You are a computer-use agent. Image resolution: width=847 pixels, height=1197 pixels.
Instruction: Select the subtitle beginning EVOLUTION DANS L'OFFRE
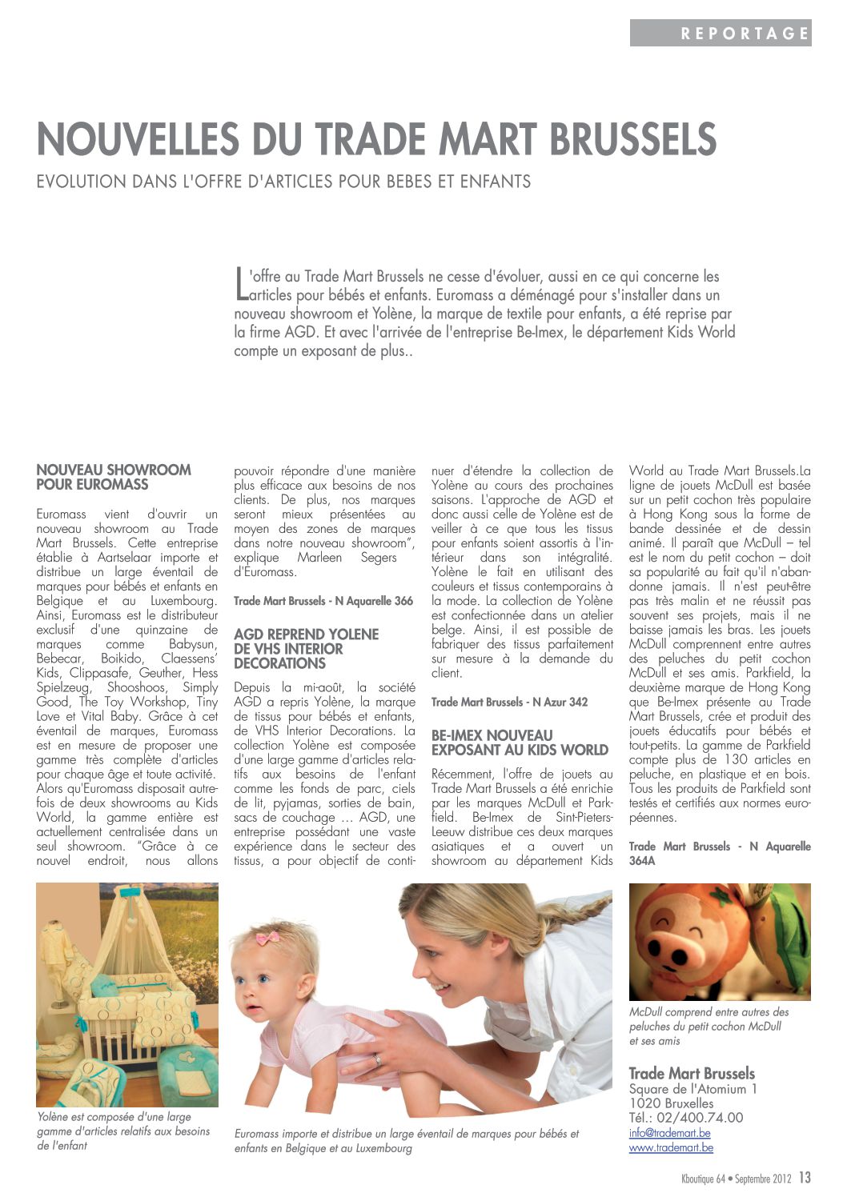click(x=283, y=182)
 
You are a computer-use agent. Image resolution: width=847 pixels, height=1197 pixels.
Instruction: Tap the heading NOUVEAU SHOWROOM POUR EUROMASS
click(x=114, y=477)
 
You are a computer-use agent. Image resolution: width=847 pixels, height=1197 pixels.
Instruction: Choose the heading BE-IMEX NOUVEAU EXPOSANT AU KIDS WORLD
click(x=520, y=743)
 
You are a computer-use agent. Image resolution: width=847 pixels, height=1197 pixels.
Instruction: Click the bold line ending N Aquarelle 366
click(x=323, y=601)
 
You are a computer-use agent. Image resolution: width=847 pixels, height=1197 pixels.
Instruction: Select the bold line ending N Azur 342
click(x=509, y=703)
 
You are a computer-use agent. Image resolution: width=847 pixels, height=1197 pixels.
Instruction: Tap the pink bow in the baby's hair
click(x=267, y=938)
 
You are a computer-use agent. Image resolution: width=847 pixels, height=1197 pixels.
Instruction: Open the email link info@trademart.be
click(x=669, y=1133)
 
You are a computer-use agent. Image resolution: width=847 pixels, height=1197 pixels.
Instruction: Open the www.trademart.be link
click(x=671, y=1147)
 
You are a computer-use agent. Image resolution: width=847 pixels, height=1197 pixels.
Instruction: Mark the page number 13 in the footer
click(x=805, y=1178)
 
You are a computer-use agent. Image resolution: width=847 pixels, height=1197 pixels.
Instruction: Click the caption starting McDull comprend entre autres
click(x=709, y=1026)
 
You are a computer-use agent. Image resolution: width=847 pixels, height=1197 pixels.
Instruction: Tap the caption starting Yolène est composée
click(x=123, y=1131)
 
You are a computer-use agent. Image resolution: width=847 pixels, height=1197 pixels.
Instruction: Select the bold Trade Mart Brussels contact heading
click(x=692, y=1074)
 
